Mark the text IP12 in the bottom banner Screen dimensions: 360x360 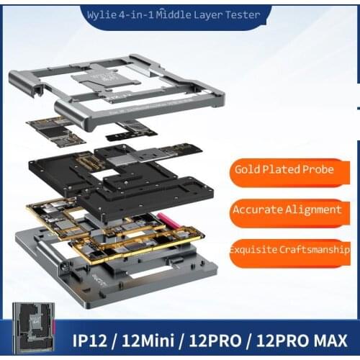96,339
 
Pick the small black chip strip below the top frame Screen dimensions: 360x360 131,132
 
